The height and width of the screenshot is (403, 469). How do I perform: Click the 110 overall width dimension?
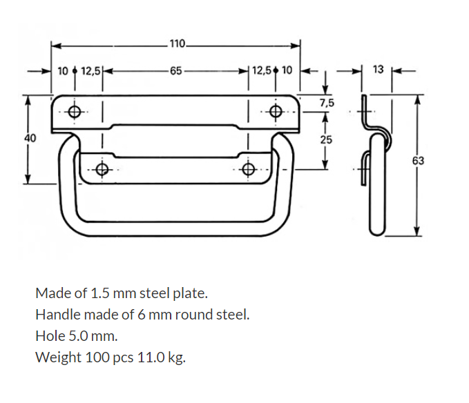click(177, 45)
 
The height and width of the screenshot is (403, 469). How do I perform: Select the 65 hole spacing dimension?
click(175, 70)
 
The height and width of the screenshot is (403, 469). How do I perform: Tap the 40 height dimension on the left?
click(30, 138)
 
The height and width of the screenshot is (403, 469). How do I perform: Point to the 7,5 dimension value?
click(327, 104)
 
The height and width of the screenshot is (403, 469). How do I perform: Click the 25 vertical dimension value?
click(326, 139)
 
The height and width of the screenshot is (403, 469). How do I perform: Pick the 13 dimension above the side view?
click(378, 70)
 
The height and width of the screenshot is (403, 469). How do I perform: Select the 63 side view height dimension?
click(418, 161)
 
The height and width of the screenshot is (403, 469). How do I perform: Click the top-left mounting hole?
click(75, 111)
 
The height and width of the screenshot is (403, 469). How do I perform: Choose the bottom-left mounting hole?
click(102, 169)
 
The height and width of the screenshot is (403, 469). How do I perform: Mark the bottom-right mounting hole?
click(249, 169)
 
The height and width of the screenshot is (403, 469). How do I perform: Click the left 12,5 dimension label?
click(90, 70)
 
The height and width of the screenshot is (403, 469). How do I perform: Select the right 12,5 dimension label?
click(262, 70)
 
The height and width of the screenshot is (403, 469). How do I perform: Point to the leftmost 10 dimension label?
click(63, 70)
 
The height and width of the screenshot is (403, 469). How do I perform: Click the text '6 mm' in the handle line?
click(160, 315)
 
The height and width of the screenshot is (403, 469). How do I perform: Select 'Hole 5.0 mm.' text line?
click(77, 336)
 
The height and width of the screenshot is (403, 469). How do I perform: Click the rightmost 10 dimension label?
click(287, 70)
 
